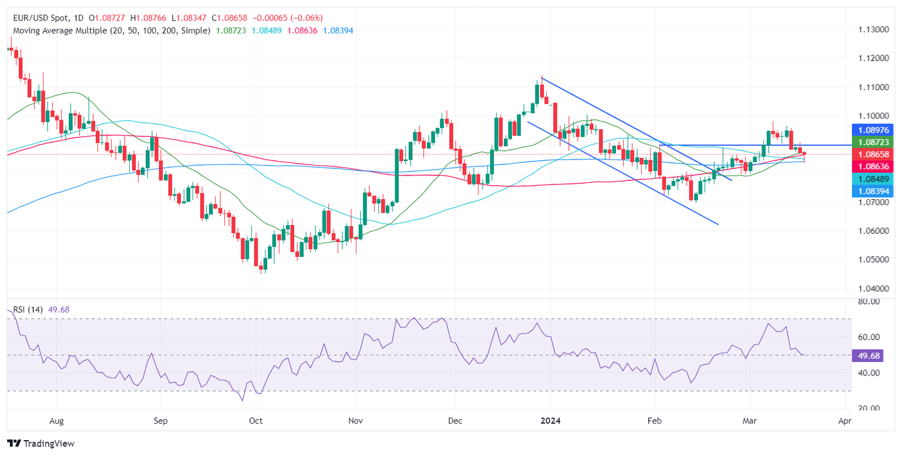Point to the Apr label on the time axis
pos(844,421)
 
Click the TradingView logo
pos(41,444)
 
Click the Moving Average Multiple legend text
pos(109,30)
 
